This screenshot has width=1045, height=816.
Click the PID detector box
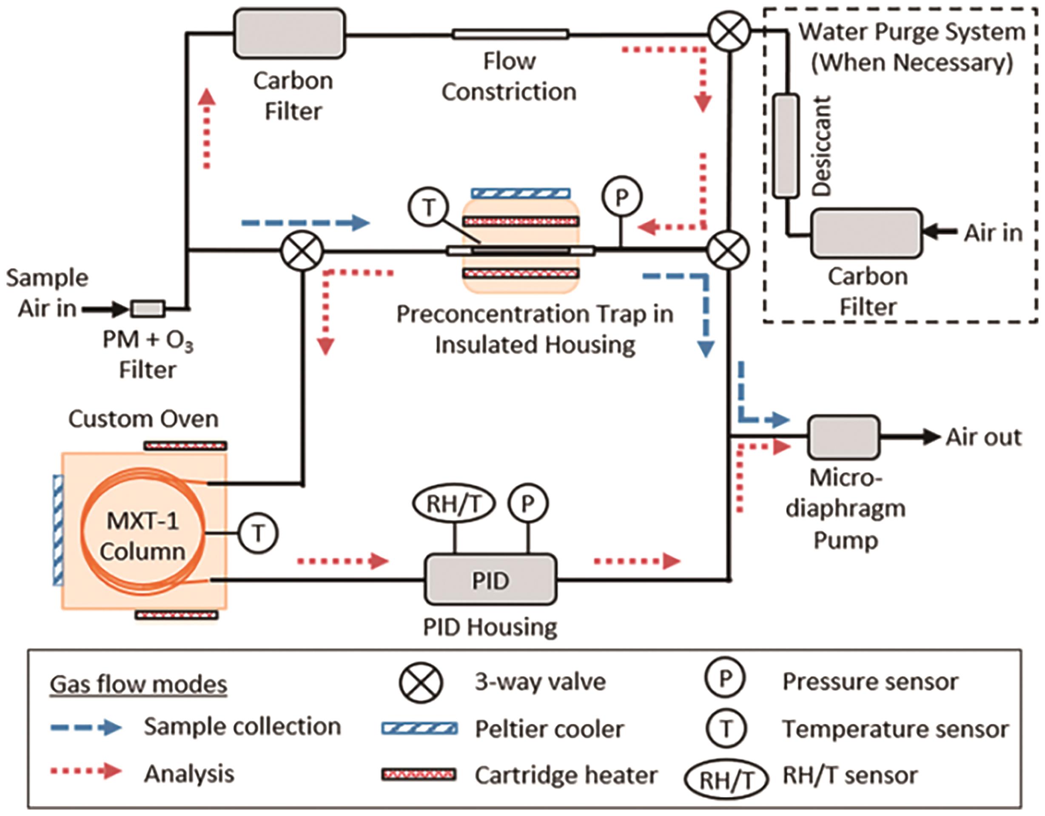[490, 579]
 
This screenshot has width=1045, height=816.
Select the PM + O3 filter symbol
[148, 309]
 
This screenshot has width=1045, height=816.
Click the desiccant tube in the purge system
[786, 146]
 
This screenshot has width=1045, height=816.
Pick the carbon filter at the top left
[289, 34]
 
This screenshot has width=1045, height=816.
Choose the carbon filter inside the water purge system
[866, 233]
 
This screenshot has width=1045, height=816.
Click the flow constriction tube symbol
[510, 34]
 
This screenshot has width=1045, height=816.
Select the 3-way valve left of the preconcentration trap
[302, 251]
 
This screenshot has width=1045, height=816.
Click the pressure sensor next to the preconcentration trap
[621, 197]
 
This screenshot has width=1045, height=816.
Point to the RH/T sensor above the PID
[453, 503]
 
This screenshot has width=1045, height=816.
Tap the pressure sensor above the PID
[528, 503]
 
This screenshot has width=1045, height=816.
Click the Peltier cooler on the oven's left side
[58, 530]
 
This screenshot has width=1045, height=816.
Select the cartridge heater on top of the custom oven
[185, 446]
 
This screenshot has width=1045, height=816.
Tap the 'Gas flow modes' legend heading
[138, 685]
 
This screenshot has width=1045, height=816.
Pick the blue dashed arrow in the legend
[86, 728]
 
